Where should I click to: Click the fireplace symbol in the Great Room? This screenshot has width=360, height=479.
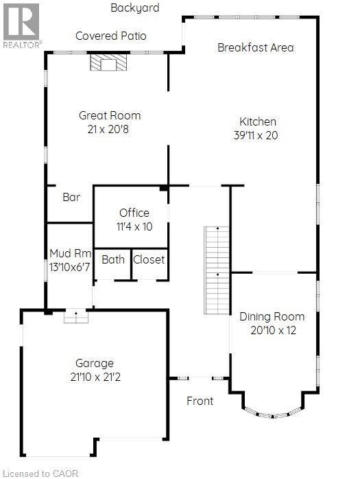coord(108,64)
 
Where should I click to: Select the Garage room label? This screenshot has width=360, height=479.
coord(95,363)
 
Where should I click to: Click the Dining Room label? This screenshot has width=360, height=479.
coord(272,317)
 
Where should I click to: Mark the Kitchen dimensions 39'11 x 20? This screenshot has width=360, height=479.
coord(255,135)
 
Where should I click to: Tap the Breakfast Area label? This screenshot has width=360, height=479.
coord(255,47)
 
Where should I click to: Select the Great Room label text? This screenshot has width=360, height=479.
coord(110,115)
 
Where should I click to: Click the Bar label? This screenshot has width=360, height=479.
coord(71,197)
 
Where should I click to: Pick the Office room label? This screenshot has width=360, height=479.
coord(134,213)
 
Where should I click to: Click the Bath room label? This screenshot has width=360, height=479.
coord(112,259)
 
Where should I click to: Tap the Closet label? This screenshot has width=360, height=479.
coord(149,259)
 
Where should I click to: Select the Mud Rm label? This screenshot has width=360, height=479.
coord(69,253)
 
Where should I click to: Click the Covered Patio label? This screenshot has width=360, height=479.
coord(110,36)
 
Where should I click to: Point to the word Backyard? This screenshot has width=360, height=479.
coord(135,8)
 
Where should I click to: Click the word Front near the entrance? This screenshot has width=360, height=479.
coord(200,401)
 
